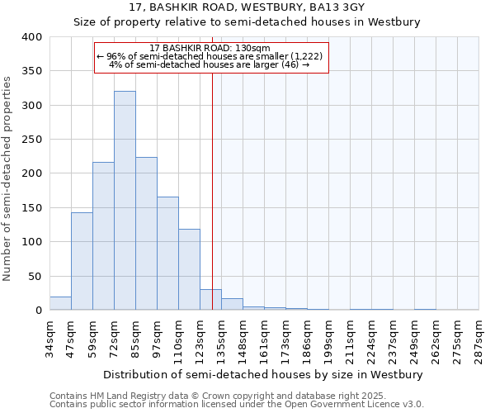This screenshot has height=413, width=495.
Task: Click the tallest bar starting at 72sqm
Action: [x=125, y=201]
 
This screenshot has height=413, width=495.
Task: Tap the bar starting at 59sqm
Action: [x=103, y=236]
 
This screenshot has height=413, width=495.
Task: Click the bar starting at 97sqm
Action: [x=167, y=254]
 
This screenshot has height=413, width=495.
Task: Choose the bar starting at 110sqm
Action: [x=189, y=269]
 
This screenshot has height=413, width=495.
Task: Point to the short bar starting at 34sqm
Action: [x=60, y=303]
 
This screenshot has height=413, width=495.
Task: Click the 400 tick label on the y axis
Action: [x=31, y=37]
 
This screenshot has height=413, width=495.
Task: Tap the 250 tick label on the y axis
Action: [x=31, y=140]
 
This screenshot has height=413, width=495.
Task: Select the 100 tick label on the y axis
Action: [x=31, y=242]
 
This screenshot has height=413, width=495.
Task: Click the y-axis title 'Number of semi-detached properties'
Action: [x=8, y=178]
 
